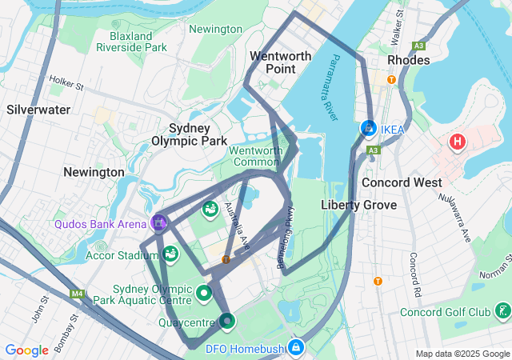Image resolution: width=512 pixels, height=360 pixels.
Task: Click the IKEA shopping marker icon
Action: tap(368, 128)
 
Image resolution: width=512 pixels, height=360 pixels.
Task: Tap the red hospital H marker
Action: tap(457, 142)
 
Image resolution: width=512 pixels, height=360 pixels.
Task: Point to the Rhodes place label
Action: tap(408, 60)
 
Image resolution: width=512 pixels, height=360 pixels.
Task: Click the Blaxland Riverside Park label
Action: tap(131, 42)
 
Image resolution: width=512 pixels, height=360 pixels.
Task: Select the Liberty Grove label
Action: tap(358, 205)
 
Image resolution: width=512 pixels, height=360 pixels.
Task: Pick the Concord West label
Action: tap(402, 182)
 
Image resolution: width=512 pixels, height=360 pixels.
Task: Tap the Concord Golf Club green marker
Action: tap(502, 310)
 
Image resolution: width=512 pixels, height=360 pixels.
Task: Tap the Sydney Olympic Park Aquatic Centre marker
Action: tap(203, 293)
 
